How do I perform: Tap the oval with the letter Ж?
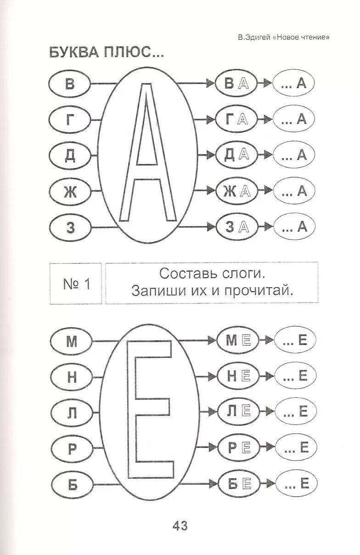(x=70, y=191)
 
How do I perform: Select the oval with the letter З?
(x=70, y=227)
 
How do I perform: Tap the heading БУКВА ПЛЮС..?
(x=106, y=53)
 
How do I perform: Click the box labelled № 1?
(x=76, y=284)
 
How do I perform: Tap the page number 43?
(x=180, y=526)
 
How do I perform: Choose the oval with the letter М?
(x=72, y=341)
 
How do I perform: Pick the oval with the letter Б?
(x=72, y=484)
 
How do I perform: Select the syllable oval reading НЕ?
(x=238, y=376)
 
